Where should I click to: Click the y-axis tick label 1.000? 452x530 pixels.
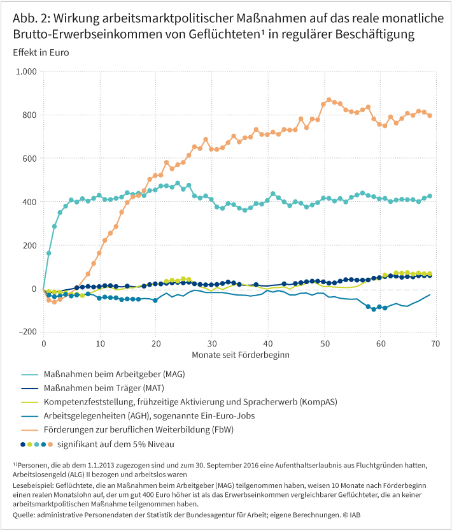(26, 71)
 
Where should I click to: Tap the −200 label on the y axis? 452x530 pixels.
(27, 332)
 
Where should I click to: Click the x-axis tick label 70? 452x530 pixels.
(436, 343)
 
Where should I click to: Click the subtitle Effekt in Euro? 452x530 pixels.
(40, 52)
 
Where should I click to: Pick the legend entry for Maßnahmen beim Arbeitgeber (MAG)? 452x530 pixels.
(115, 374)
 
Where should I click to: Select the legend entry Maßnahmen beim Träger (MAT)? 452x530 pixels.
(107, 388)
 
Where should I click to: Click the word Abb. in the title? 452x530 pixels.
(25, 17)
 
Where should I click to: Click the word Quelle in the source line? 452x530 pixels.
(24, 513)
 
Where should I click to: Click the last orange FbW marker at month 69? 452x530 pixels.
(430, 115)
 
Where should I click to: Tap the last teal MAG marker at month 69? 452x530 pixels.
(430, 196)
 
